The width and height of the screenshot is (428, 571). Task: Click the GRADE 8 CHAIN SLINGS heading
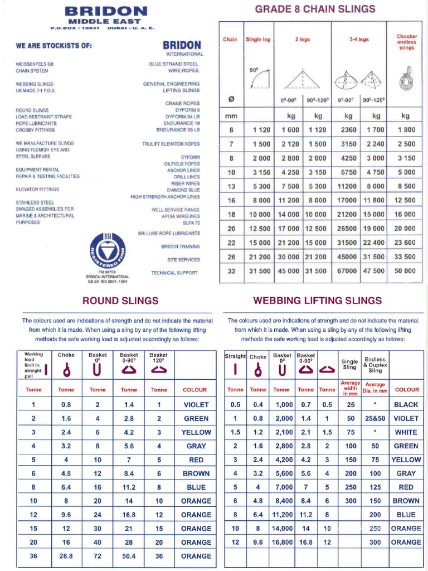315,9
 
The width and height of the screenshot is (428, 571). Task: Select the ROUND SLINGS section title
120,301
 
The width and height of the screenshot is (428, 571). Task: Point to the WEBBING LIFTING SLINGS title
318,301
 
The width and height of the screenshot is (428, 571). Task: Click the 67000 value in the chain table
348,271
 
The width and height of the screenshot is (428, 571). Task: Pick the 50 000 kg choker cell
405,271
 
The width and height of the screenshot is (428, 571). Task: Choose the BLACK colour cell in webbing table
406,405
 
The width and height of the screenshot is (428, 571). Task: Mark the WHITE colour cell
406,432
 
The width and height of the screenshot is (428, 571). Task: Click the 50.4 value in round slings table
129,556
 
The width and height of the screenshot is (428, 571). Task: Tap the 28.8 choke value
66,556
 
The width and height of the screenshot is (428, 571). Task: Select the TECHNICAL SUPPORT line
174,273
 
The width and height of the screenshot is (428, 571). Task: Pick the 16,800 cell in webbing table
283,542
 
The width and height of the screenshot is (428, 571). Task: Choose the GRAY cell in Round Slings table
196,446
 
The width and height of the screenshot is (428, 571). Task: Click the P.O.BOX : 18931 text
74,27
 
